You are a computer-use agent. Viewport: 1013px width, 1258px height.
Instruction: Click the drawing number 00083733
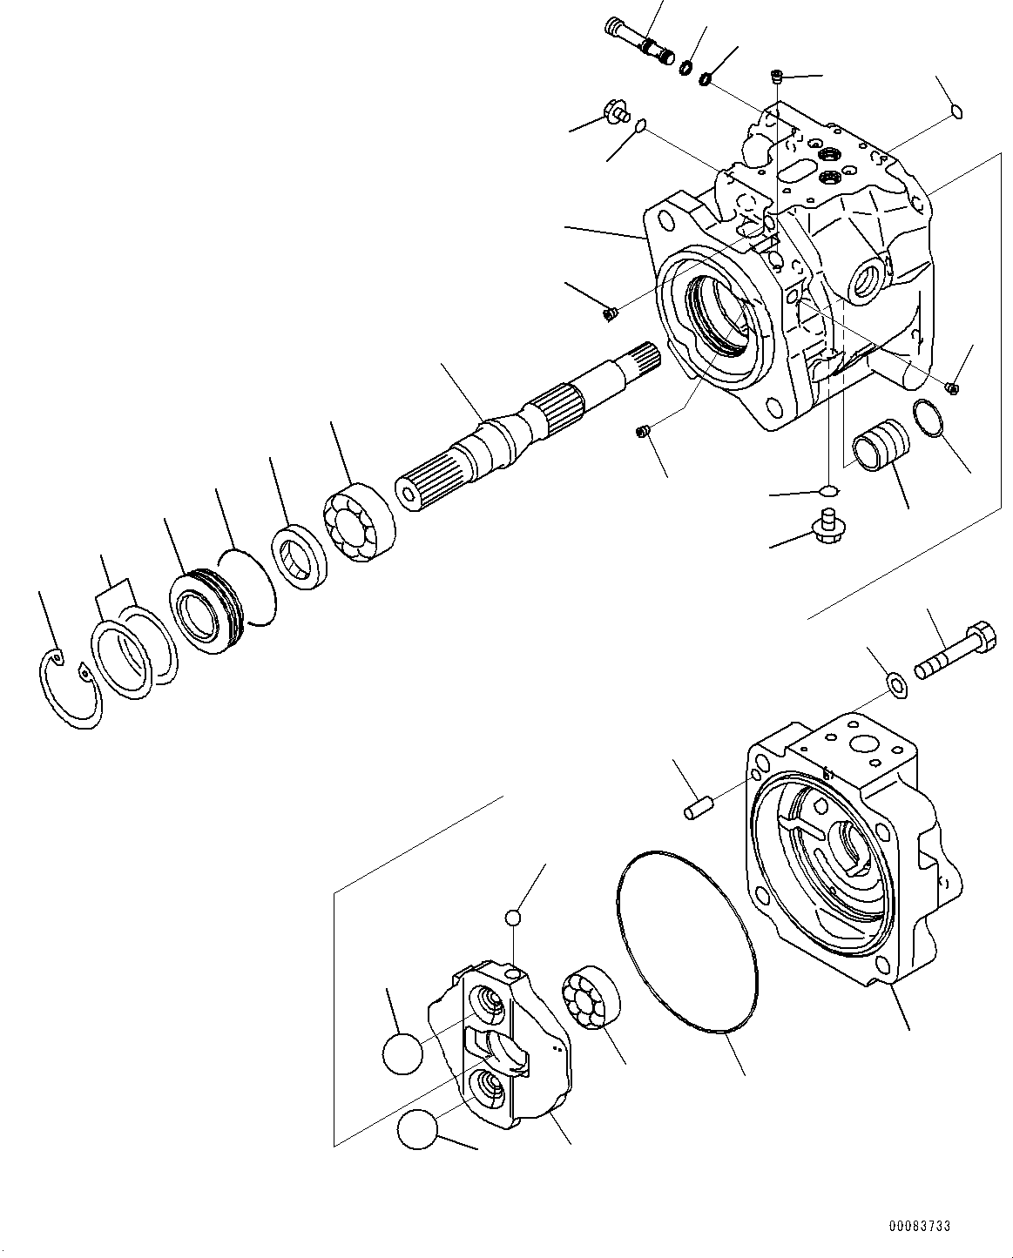click(920, 1226)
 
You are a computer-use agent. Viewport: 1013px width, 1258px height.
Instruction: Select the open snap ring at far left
click(70, 688)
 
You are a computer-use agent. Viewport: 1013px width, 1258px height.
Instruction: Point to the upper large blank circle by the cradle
click(402, 1052)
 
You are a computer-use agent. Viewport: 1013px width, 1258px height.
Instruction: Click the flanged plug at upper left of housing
click(615, 112)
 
